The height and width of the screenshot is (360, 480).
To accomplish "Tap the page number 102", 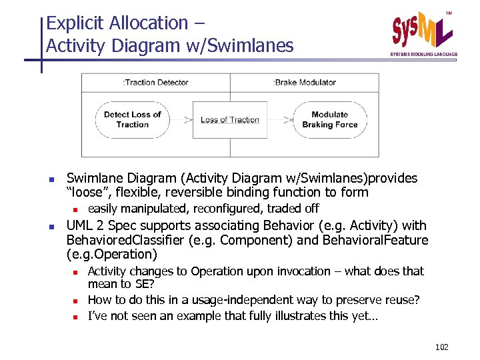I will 441,347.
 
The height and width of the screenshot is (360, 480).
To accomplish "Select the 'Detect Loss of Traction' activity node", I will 132,120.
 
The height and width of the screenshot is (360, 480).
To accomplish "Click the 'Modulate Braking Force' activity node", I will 329,120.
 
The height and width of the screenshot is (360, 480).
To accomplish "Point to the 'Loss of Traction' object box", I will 230,120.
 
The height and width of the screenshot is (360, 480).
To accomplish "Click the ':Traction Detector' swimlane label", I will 155,83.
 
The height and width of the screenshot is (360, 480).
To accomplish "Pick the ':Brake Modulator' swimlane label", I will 305,83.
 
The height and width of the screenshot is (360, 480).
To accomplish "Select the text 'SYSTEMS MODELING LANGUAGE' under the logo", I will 424,54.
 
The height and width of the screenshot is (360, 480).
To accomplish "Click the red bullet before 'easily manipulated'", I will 83,209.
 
